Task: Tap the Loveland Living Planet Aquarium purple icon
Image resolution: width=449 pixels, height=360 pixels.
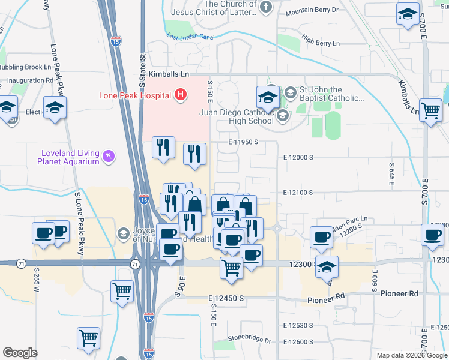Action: (109, 157)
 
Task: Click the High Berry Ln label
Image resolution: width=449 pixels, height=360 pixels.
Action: (321, 42)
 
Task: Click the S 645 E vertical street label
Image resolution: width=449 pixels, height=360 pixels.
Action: (391, 173)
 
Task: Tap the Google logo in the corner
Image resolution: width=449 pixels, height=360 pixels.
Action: (20, 353)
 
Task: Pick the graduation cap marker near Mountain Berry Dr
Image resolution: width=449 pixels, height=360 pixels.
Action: (408, 14)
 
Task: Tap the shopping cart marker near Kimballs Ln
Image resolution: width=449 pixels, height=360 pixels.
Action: (430, 110)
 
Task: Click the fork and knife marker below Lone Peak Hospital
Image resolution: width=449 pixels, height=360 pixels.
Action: (163, 147)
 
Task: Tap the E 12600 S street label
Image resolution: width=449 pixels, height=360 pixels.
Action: (298, 341)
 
